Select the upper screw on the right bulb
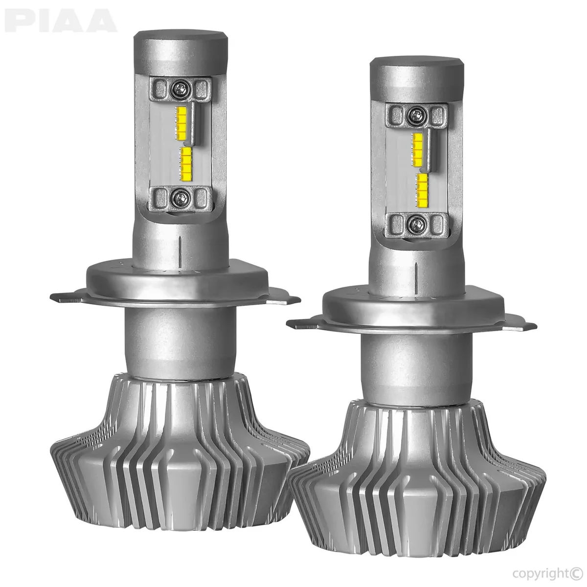[416, 115]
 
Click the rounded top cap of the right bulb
[416, 73]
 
